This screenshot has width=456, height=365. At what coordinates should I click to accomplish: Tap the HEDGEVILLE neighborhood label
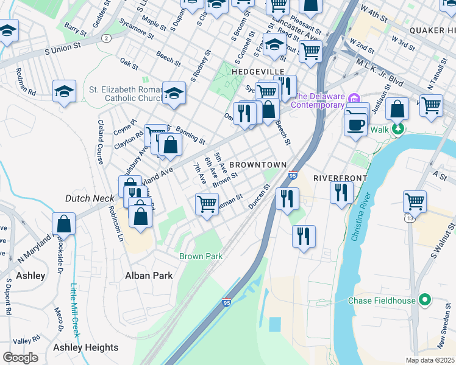[x=258, y=72]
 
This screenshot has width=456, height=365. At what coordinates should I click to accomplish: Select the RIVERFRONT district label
[x=340, y=178]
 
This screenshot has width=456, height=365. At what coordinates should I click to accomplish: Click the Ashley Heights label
[x=86, y=347]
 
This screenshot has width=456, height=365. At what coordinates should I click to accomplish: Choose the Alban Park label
[x=149, y=275]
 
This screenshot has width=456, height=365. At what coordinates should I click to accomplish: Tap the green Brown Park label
[x=201, y=256]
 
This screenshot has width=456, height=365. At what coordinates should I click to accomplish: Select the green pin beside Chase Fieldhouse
[x=426, y=301]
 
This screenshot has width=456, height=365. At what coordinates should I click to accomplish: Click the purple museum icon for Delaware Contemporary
[x=353, y=98]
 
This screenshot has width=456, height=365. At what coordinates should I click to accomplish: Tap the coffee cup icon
[x=355, y=123]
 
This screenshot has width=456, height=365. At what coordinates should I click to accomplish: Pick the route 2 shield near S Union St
[x=107, y=38]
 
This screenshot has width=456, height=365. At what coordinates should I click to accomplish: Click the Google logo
[x=20, y=358]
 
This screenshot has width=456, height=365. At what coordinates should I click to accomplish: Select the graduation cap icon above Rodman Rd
[x=63, y=91]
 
